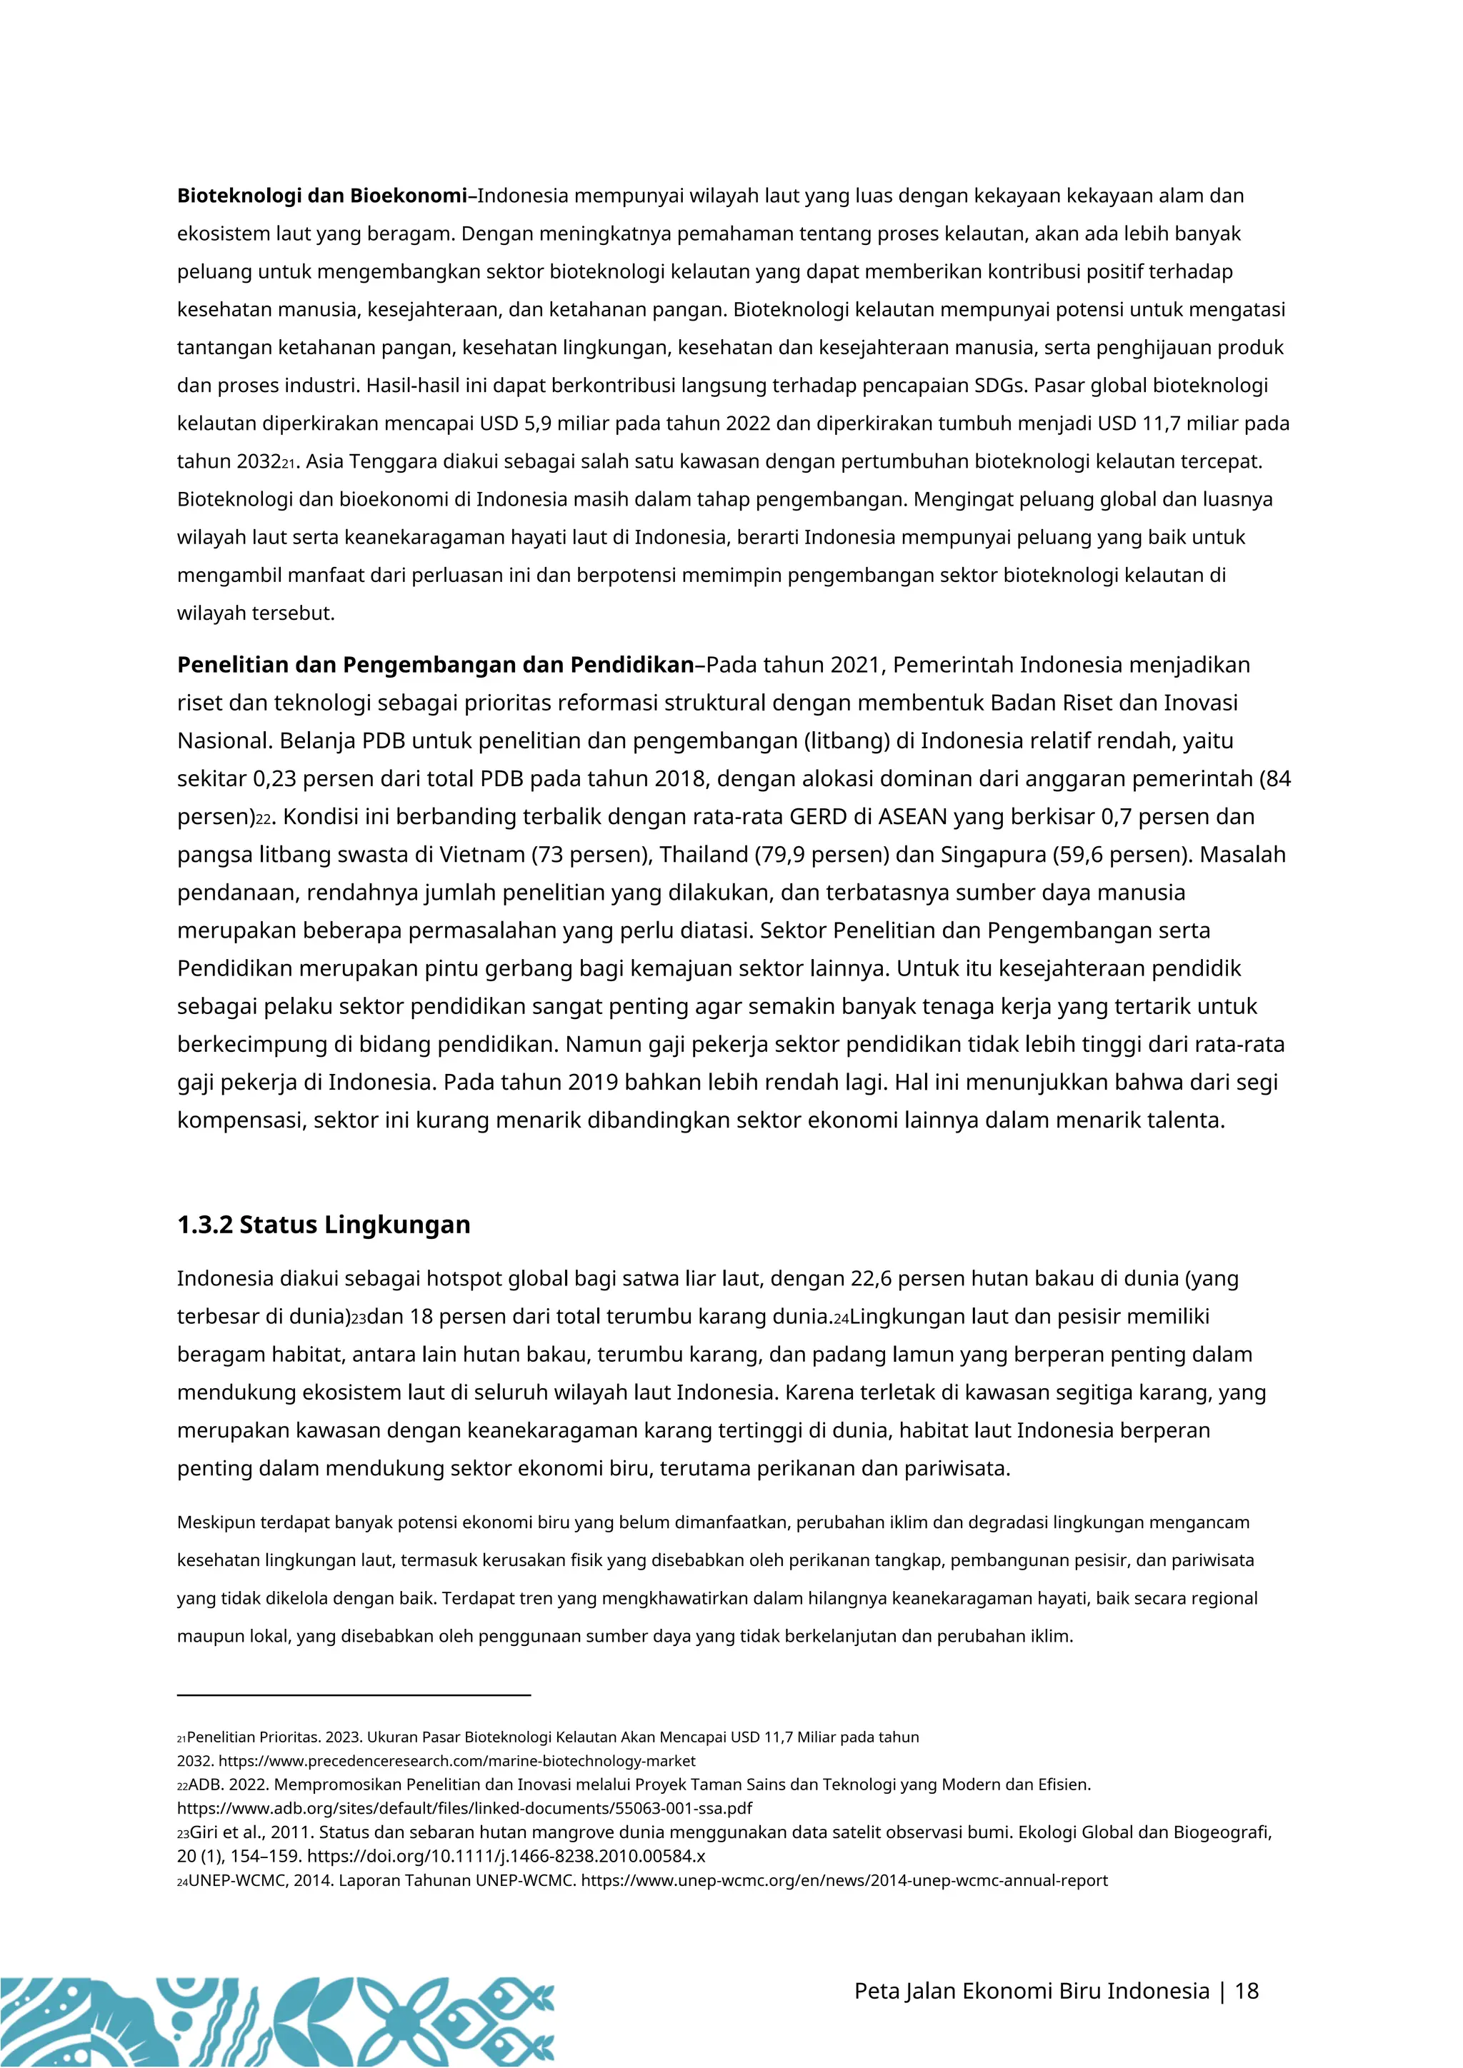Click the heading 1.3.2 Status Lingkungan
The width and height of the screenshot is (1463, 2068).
click(324, 1225)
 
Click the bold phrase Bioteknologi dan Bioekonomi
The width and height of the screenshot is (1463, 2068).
click(322, 196)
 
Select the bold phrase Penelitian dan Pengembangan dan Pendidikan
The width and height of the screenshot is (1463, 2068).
click(435, 665)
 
